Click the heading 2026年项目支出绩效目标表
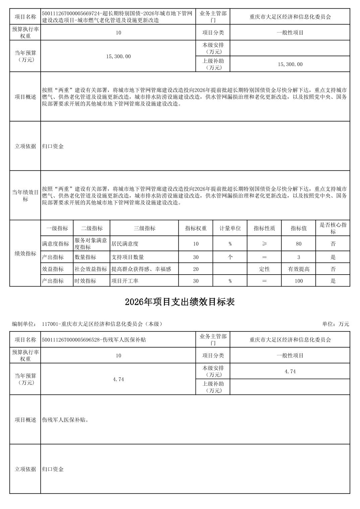[180, 302]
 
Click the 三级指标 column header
[144, 228]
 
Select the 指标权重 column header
[196, 228]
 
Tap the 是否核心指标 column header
[333, 228]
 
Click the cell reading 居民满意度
[125, 244]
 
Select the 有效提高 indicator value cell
[298, 269]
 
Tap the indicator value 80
[298, 244]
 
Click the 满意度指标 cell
[56, 244]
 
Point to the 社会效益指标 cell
[91, 269]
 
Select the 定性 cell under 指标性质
[264, 269]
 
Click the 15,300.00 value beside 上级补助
[290, 64]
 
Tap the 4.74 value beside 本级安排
[290, 371]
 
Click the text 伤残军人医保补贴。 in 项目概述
[66, 420]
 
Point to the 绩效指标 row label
[25, 253]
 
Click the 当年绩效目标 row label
[25, 196]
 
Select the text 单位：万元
[336, 324]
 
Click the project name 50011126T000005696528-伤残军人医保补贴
[94, 340]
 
